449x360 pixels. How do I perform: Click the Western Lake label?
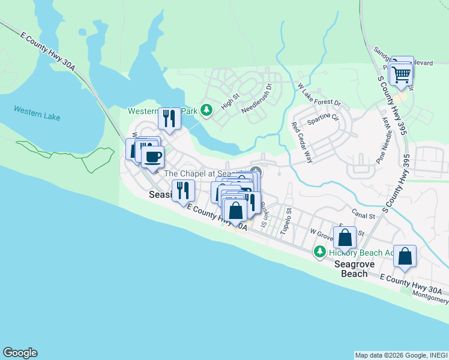(x=37, y=113)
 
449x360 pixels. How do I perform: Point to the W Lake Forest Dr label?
(x=319, y=95)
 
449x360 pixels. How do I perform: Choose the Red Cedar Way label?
(x=302, y=143)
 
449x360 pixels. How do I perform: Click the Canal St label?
(x=363, y=215)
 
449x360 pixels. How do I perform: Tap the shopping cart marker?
(x=401, y=74)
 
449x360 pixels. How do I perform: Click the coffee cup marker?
(x=152, y=157)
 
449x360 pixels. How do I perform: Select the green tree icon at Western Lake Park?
(x=206, y=110)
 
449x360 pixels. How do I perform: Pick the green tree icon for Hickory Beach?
(x=321, y=251)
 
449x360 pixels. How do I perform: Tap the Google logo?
(x=20, y=353)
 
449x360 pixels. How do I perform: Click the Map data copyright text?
(x=400, y=355)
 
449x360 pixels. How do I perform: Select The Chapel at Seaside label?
(x=203, y=173)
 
